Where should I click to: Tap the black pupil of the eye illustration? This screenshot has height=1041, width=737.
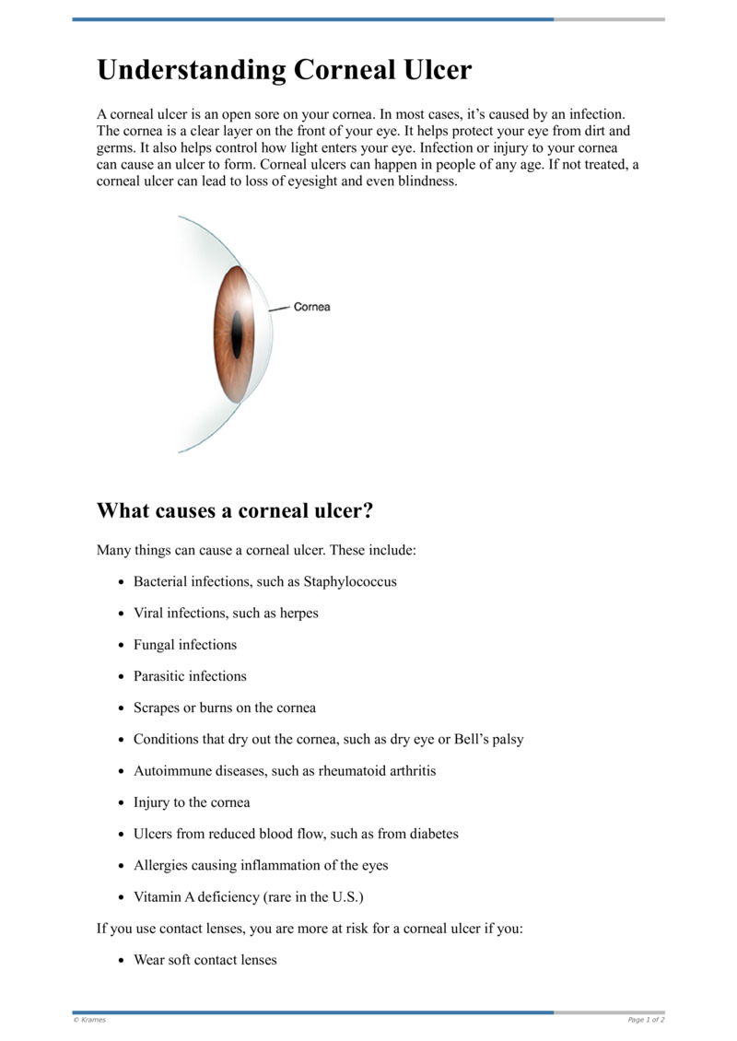[x=237, y=334]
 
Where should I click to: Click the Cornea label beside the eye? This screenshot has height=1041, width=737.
[x=311, y=307]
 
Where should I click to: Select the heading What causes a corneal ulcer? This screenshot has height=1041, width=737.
[x=234, y=509]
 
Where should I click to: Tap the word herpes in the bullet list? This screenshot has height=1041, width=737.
[x=298, y=614]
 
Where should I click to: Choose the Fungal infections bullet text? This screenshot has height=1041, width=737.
[x=185, y=645]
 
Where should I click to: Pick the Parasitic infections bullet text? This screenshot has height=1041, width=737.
[x=190, y=676]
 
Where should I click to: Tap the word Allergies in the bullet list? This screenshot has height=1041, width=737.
[x=161, y=865]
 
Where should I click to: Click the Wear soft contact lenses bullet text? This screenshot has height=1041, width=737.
[x=205, y=960]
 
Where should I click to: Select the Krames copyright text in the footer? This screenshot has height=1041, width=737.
[x=90, y=1020]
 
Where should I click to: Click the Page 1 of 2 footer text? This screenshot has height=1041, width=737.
[x=646, y=1020]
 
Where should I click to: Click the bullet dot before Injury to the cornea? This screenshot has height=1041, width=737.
[x=123, y=803]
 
